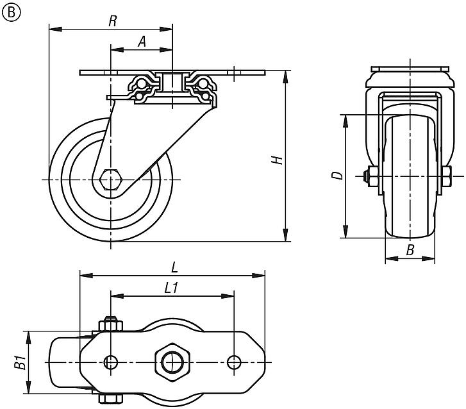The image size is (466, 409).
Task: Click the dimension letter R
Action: pyautogui.click(x=112, y=21)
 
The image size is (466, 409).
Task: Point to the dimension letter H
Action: pyautogui.click(x=278, y=158)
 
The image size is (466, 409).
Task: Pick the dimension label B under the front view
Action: pyautogui.click(x=410, y=251)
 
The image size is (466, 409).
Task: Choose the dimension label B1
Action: pyautogui.click(x=20, y=363)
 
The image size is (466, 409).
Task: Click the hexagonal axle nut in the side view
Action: pyautogui.click(x=111, y=179)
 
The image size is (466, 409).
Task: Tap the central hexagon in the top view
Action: pyautogui.click(x=171, y=361)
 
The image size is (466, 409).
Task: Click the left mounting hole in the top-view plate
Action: pyautogui.click(x=112, y=362)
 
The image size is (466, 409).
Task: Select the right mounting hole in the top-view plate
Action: pyautogui.click(x=233, y=362)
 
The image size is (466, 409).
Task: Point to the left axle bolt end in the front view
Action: pyautogui.click(x=369, y=176)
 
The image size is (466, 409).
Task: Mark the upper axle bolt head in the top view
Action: pyautogui.click(x=111, y=324)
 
